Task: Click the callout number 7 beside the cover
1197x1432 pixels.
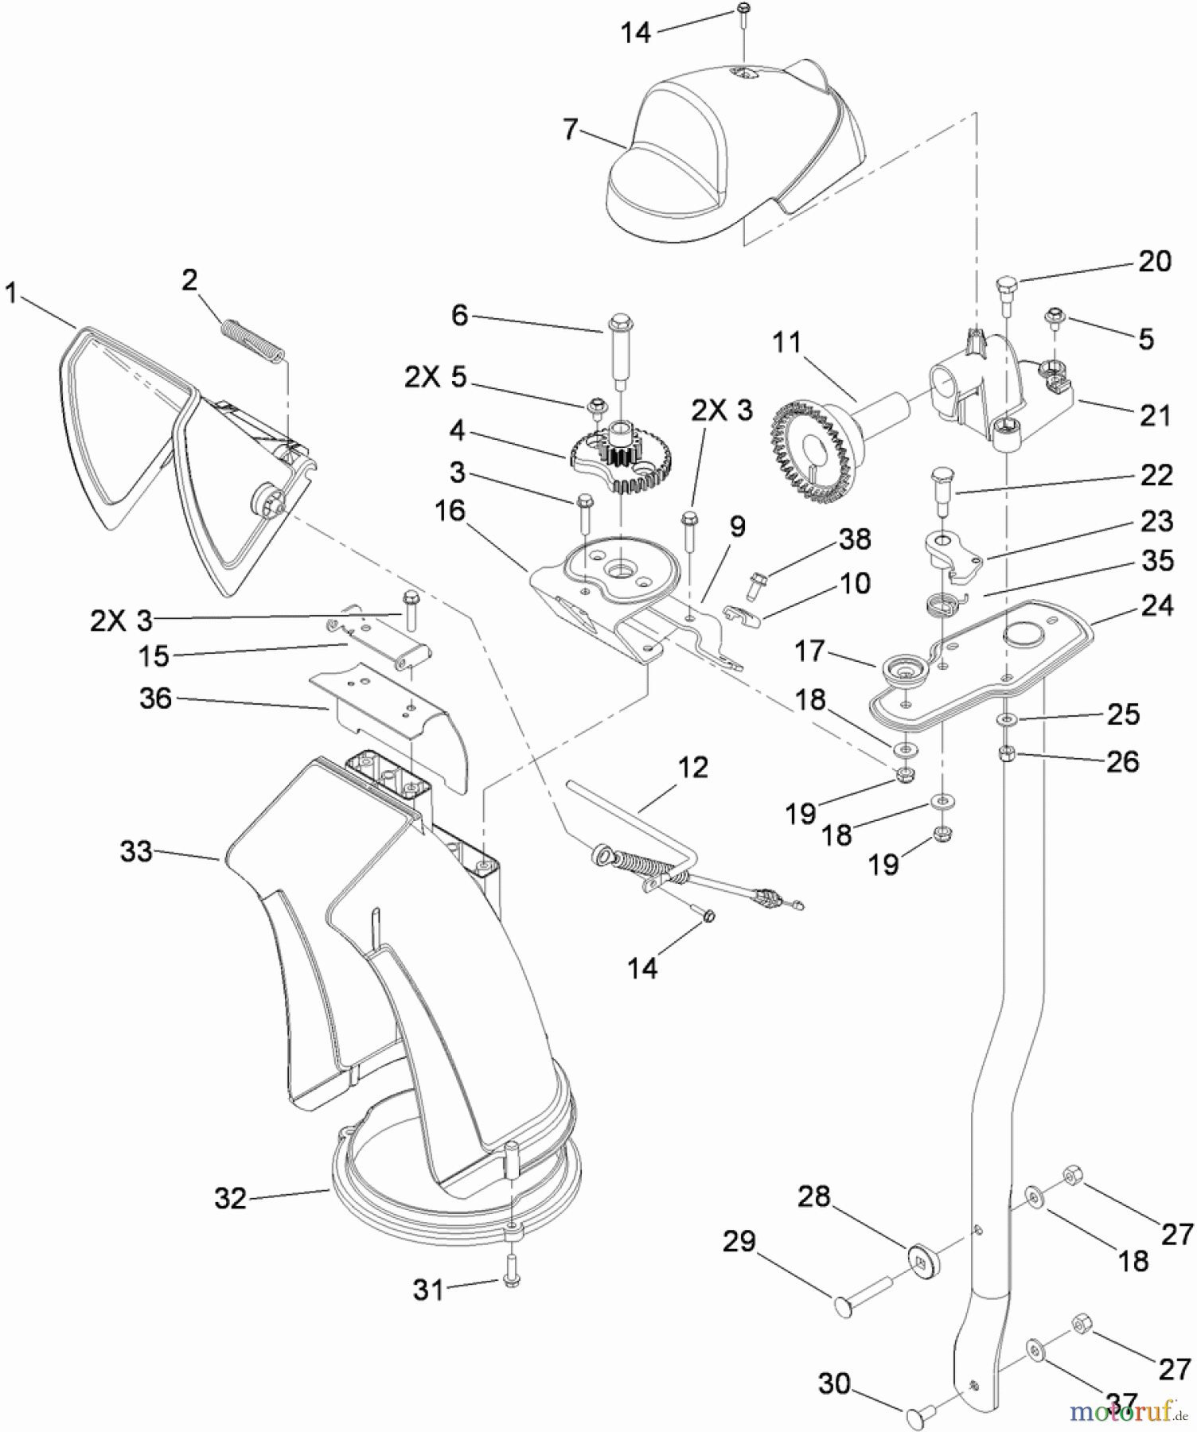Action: (570, 128)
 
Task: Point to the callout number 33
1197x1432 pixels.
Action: (136, 851)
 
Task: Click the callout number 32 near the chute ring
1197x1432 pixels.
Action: (231, 1197)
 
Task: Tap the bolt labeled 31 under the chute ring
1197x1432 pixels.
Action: (511, 1279)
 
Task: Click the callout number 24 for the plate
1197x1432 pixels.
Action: (1156, 605)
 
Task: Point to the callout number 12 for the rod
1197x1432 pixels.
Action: (692, 767)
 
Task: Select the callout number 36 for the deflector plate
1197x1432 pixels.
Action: (155, 698)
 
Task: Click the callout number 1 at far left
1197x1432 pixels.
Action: (11, 293)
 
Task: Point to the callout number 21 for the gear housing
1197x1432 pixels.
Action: (1155, 414)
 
